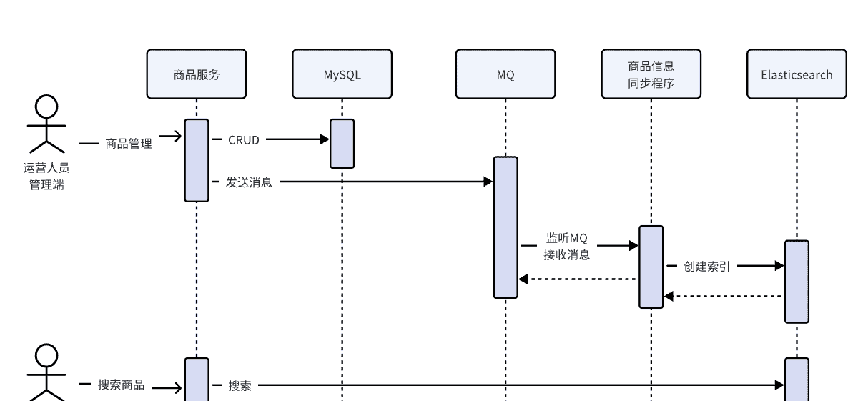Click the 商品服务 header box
pos(197,74)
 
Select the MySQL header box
pos(342,74)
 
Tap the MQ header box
pos(506,74)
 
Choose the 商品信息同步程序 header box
pos(651,74)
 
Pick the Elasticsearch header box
pos(797,74)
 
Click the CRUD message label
pos(244,140)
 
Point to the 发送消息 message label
pos(249,182)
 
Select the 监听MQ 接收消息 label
pos(567,246)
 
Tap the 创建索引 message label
pos(706,267)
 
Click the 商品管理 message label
pos(129,144)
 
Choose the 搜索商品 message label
pos(121,385)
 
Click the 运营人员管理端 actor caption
pos(46,177)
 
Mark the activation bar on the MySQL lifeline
pos(342,144)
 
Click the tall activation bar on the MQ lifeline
pos(506,227)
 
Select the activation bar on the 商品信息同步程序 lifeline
pos(651,267)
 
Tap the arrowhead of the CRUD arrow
pos(325,140)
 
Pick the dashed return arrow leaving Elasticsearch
pos(722,296)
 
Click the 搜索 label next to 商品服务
pos(240,386)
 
